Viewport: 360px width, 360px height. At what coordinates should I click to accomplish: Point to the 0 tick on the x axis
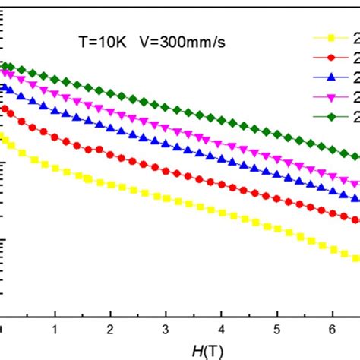tap(2, 331)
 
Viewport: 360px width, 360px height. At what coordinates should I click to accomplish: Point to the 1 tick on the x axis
tap(55, 331)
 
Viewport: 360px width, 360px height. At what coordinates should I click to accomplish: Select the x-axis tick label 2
tap(111, 331)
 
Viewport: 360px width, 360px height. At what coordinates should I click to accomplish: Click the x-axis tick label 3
tap(166, 331)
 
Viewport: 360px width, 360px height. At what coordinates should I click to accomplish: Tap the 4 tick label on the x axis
tap(222, 331)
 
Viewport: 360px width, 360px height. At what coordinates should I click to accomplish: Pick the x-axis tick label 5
tap(277, 331)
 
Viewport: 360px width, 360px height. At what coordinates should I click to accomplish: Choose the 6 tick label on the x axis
tap(333, 331)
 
